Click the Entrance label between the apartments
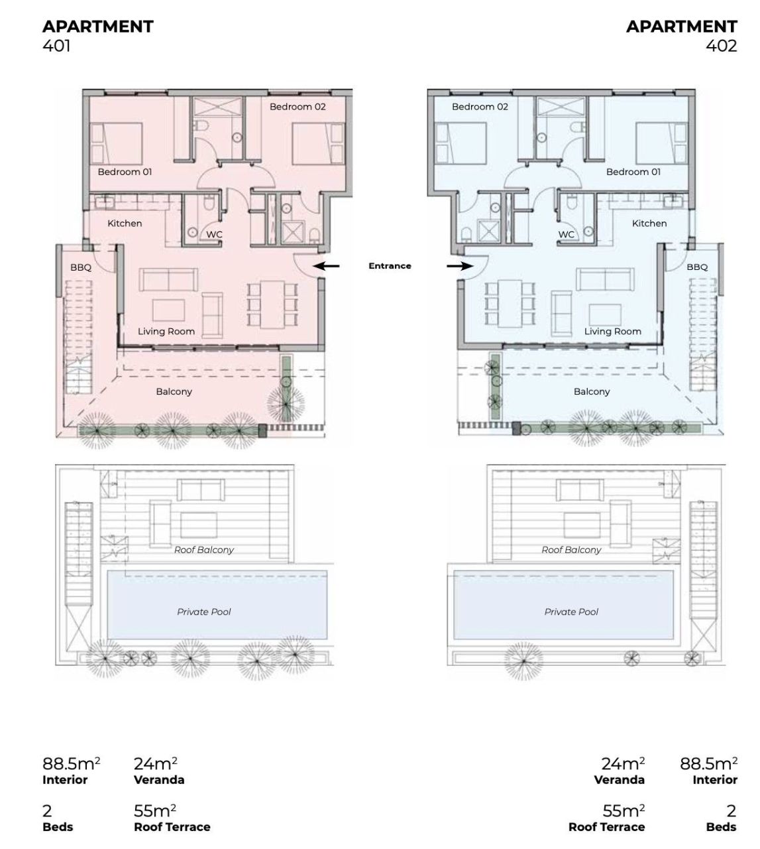(390, 266)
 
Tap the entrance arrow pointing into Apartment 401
(326, 266)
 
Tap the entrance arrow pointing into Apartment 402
(461, 266)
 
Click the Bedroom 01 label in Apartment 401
(125, 172)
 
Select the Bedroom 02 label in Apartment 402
(480, 107)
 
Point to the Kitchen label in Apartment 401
(125, 224)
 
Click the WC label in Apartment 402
(566, 235)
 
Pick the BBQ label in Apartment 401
(81, 267)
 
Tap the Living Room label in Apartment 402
(613, 332)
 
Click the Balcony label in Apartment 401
(174, 392)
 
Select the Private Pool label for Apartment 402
(571, 612)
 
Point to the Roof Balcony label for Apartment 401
(204, 550)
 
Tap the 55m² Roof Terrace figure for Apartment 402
(607, 818)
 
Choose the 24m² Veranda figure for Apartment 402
(620, 772)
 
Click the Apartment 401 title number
(56, 46)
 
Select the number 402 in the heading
(721, 46)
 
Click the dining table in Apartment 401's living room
(272, 304)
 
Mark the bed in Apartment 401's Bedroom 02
(318, 144)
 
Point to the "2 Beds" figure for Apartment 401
(58, 818)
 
